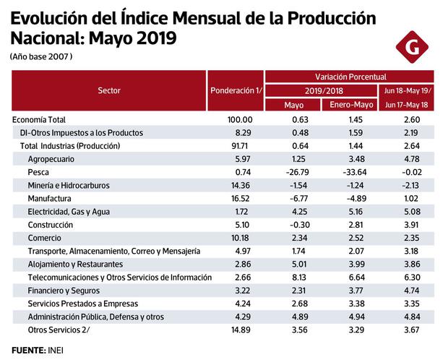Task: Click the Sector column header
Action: tap(109, 91)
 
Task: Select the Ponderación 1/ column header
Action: tap(236, 91)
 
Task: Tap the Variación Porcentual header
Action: tap(350, 76)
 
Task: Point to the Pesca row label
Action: tap(38, 172)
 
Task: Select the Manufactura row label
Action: tap(49, 198)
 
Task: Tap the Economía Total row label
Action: tap(44, 119)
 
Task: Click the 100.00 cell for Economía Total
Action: tap(239, 119)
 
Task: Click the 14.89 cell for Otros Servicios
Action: tap(240, 330)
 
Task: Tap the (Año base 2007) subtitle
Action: tap(42, 56)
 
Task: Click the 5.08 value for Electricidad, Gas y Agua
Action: tap(409, 212)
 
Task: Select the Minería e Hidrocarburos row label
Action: tap(68, 185)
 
